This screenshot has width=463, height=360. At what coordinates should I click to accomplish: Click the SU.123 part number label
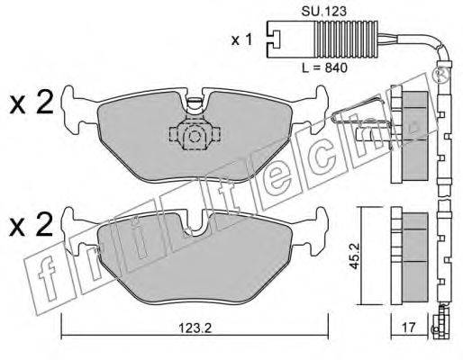(x=324, y=12)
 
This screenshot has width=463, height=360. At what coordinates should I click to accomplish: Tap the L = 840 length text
(x=324, y=67)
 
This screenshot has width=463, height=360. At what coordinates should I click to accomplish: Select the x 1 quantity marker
(x=241, y=40)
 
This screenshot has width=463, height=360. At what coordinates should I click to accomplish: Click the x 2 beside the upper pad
(x=32, y=102)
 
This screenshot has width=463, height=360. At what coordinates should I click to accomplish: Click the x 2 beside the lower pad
(x=32, y=224)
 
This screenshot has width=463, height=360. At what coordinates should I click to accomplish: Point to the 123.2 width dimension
(x=195, y=328)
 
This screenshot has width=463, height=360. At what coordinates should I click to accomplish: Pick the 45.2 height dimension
(x=355, y=256)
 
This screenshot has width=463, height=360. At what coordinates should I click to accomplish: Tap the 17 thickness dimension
(x=409, y=328)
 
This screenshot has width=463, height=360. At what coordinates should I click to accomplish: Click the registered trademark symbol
(x=440, y=76)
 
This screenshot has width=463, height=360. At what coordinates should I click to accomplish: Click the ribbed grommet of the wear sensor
(x=346, y=39)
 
